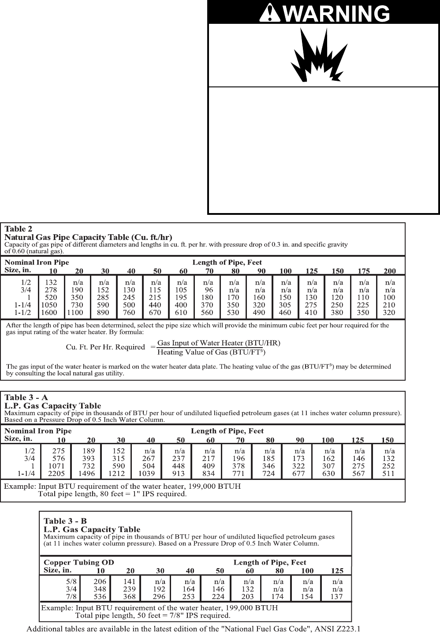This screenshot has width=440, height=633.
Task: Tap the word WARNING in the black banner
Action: tap(336, 14)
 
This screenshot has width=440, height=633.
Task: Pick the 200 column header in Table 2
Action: tap(390, 271)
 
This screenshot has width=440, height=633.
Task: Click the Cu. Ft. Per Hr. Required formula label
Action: tap(105, 347)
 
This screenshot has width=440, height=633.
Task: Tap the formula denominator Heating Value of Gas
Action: tap(212, 352)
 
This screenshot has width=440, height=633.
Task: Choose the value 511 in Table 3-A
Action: tap(388, 474)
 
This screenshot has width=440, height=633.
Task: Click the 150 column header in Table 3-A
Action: tap(387, 440)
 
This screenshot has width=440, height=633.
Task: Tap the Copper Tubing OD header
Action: tap(78, 562)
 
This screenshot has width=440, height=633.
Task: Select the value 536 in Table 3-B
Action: tap(100, 596)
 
